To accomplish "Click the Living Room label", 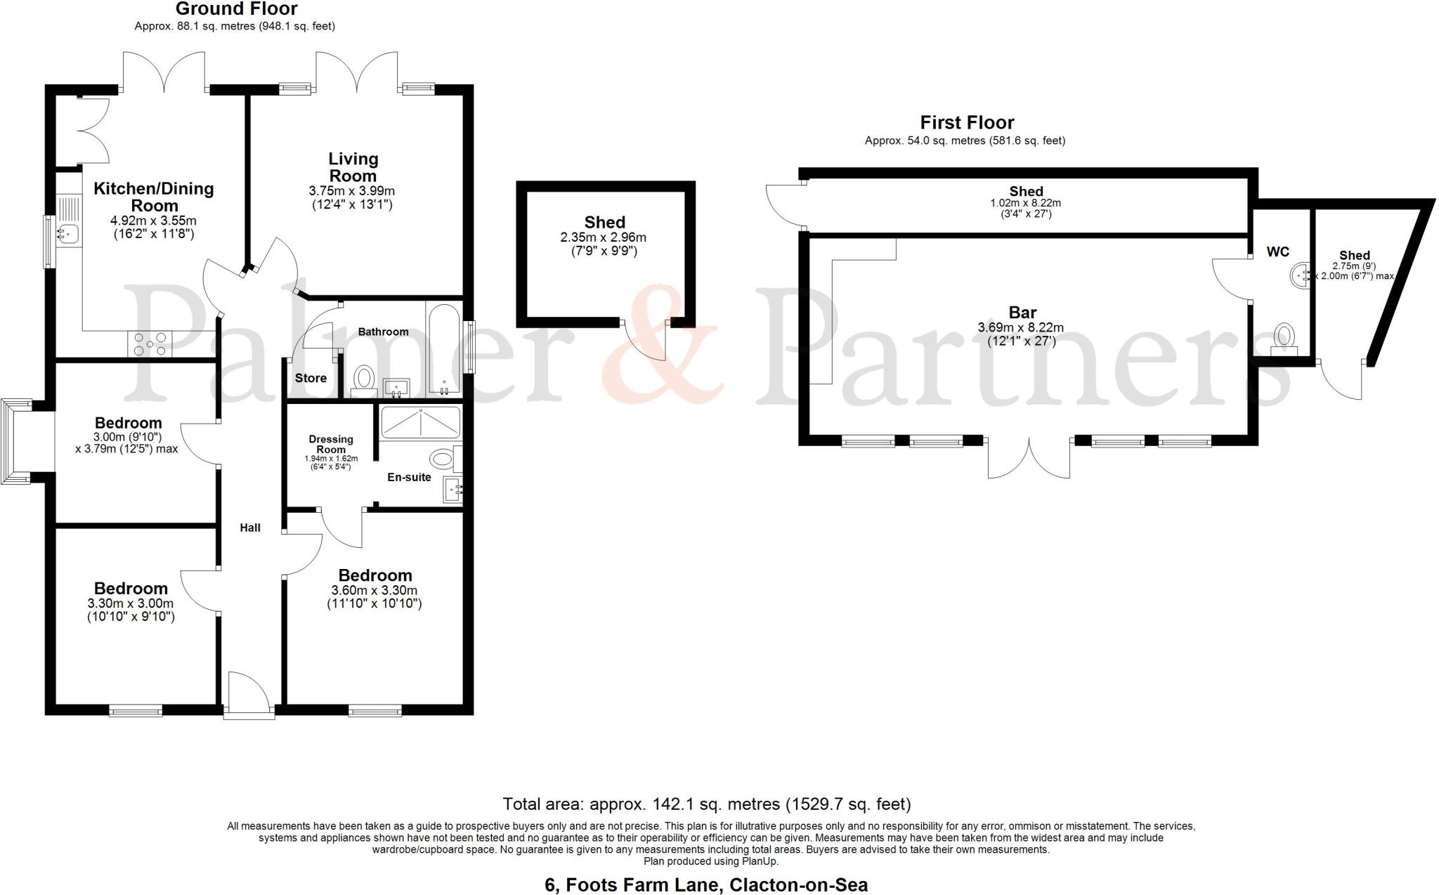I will point(353,167).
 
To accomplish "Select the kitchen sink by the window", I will point(70,231).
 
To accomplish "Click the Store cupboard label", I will point(311,378).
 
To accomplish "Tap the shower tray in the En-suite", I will point(420,422).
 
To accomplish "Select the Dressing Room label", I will point(331,444).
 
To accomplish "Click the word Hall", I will point(250,528).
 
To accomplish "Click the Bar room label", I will point(1022,313).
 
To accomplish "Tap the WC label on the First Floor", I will point(1277,251).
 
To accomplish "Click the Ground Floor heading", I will point(236,9).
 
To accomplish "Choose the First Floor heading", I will point(967,123).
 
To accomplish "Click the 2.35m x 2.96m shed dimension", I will point(603,237).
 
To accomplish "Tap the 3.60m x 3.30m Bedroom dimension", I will point(375,590).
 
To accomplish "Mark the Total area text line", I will point(706,804).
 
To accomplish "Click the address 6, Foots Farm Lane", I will point(705,885).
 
